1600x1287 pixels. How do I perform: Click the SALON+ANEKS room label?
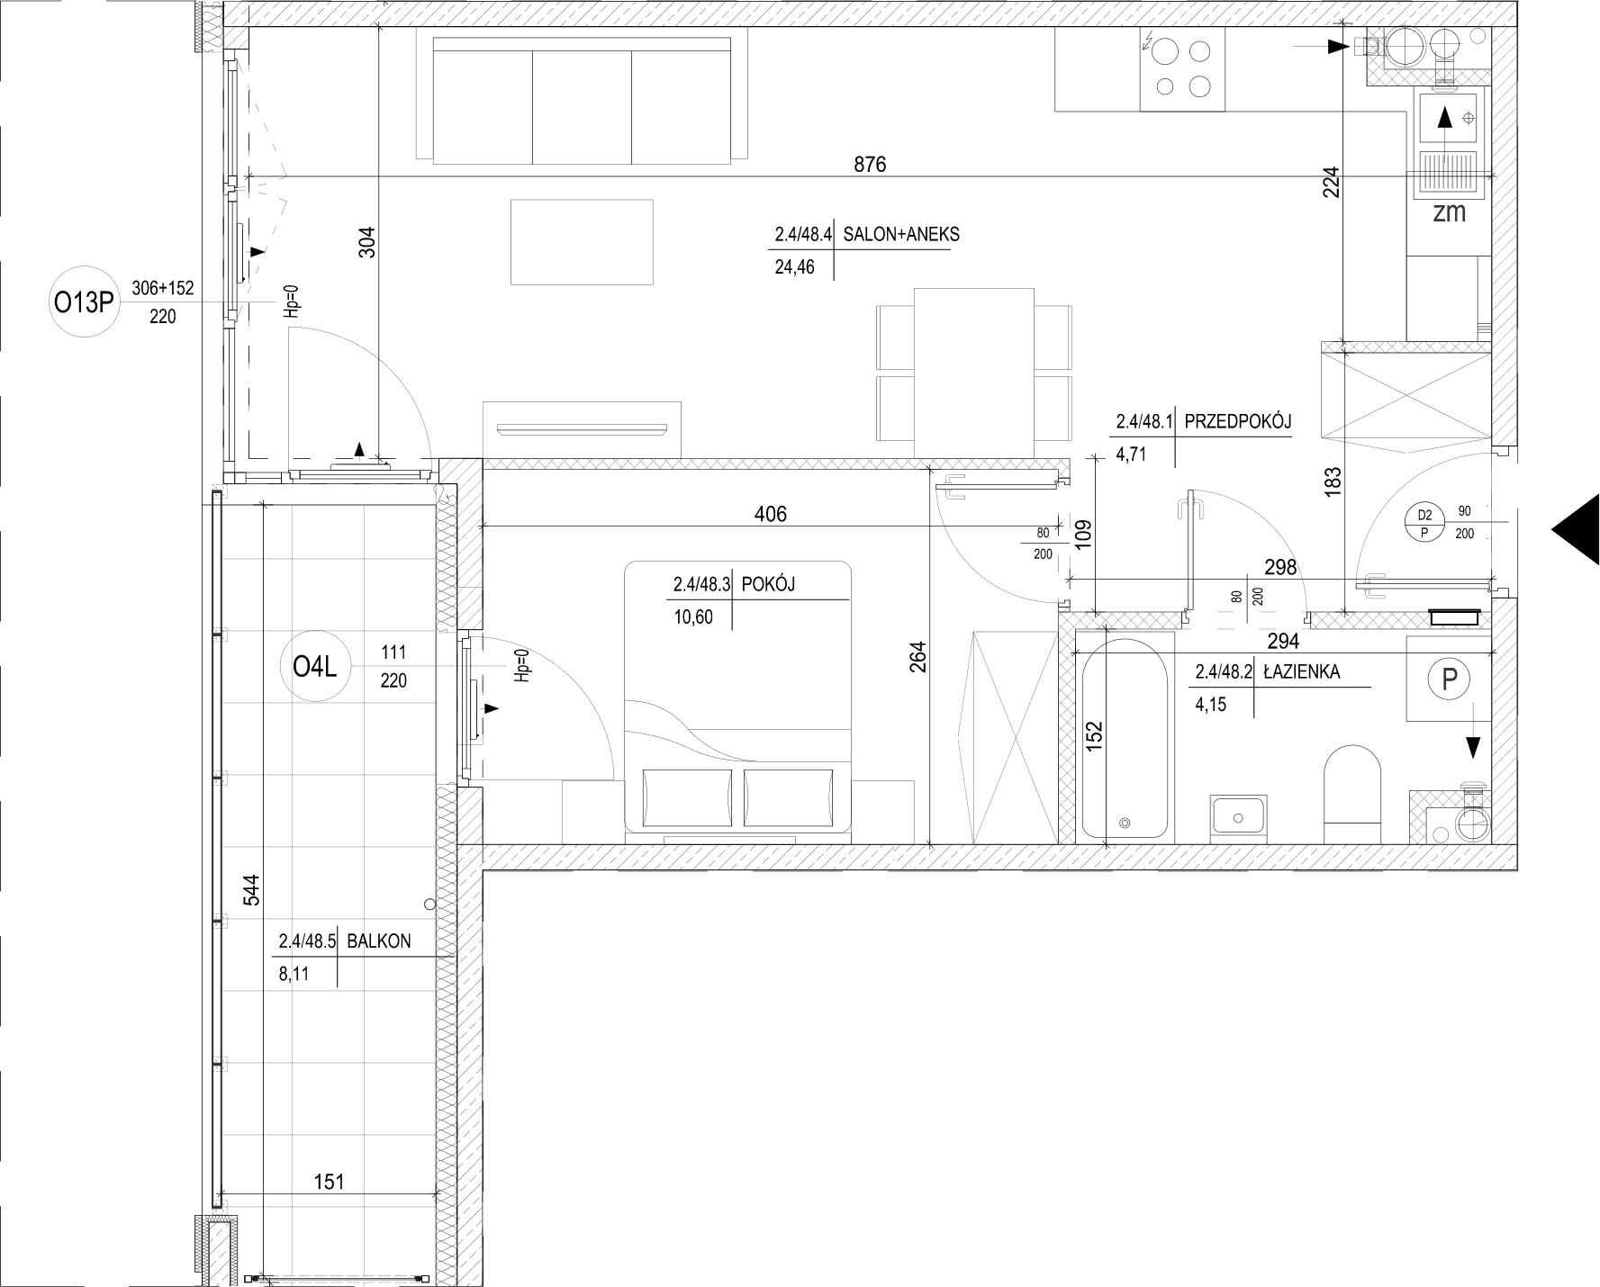click(x=901, y=235)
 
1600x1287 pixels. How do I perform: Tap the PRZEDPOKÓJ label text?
click(x=1238, y=421)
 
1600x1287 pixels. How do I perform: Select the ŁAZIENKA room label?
click(x=1302, y=671)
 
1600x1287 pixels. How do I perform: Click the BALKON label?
click(x=379, y=941)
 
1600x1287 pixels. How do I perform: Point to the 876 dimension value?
click(x=870, y=164)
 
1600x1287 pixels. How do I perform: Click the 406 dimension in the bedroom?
click(x=770, y=514)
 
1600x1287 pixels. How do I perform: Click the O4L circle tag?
click(x=315, y=667)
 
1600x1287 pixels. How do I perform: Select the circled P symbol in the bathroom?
click(x=1449, y=679)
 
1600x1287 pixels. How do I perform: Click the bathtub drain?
click(x=1124, y=823)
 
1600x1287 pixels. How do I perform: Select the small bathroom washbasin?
click(x=1239, y=818)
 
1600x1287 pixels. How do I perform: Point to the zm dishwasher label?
click(x=1450, y=213)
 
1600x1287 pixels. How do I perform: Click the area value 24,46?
click(x=794, y=266)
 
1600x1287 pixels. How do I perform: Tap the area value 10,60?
click(x=693, y=617)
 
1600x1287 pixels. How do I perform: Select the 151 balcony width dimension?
click(x=330, y=1181)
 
